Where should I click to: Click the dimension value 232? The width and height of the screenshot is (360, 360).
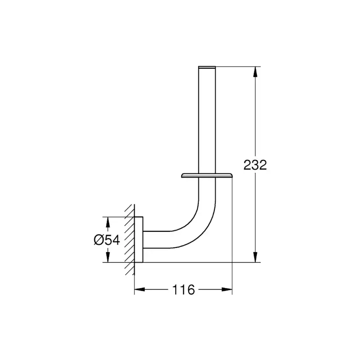pos(254,165)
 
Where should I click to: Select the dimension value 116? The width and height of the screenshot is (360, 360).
pos(183,290)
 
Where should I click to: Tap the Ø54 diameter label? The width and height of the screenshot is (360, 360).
pos(107,240)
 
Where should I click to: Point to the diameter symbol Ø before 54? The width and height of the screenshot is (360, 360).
pos(99,240)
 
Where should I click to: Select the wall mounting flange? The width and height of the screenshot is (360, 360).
pos(139,239)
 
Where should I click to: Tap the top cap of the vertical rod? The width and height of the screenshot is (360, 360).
pos(207,67)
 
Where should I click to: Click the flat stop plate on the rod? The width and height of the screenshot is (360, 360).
pos(207,176)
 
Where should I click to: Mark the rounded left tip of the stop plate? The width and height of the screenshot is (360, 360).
pos(180,176)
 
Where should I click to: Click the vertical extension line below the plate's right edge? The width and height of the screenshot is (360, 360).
pos(233,226)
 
